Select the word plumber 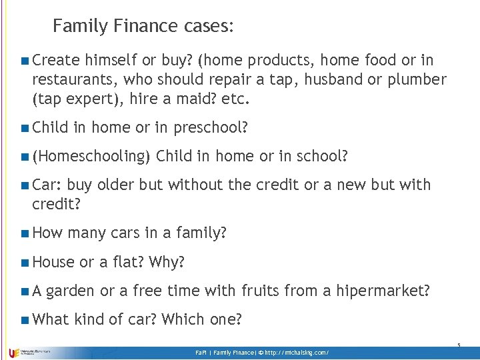click(415, 80)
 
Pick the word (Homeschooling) click(90, 157)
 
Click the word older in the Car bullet click(117, 185)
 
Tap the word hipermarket click(383, 291)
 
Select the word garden click(71, 291)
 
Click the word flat click(129, 262)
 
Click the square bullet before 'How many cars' click(25, 233)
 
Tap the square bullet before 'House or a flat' click(25, 263)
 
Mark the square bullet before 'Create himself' click(25, 61)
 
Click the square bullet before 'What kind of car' click(25, 320)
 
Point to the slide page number click(459, 345)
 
